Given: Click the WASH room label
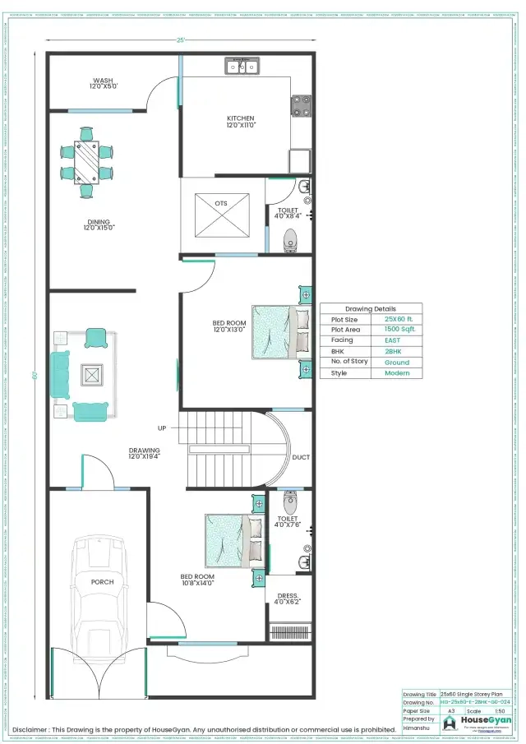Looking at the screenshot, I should (x=103, y=81).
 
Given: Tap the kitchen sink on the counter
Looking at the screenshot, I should (x=242, y=67).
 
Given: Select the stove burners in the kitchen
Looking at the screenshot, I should (x=301, y=105).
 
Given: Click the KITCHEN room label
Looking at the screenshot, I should (x=241, y=118).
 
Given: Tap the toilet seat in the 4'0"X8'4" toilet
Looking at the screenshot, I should (x=290, y=241).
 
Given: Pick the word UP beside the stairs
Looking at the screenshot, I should (x=162, y=428).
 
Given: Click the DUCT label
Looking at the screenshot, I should (x=301, y=457).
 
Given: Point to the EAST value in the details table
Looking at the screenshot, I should (x=393, y=340).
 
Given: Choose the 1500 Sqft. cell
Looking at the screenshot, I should (x=399, y=329).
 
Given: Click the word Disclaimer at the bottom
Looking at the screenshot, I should (x=30, y=729).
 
